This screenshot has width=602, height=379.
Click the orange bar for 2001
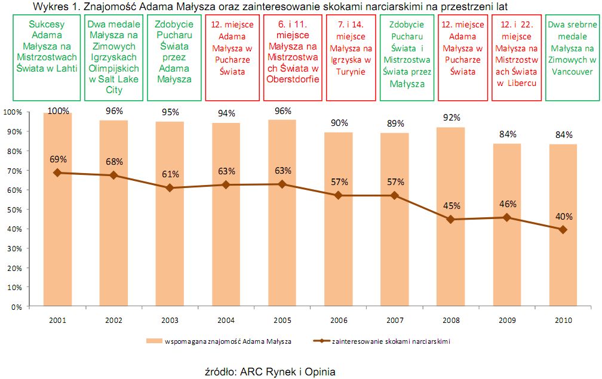(x=58, y=239)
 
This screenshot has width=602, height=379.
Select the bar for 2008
(x=451, y=239)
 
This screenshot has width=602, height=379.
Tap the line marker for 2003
(x=170, y=188)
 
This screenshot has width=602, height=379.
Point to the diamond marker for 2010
(x=563, y=229)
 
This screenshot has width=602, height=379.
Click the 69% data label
(x=58, y=159)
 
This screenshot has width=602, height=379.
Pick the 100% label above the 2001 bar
(x=58, y=111)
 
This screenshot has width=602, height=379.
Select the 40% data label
(x=563, y=216)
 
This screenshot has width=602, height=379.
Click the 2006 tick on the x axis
(x=338, y=320)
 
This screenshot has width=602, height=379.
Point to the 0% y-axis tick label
(x=16, y=307)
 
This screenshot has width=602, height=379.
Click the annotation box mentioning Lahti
(x=47, y=58)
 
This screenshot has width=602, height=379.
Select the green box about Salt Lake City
(x=113, y=58)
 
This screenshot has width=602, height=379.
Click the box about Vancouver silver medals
(x=573, y=58)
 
